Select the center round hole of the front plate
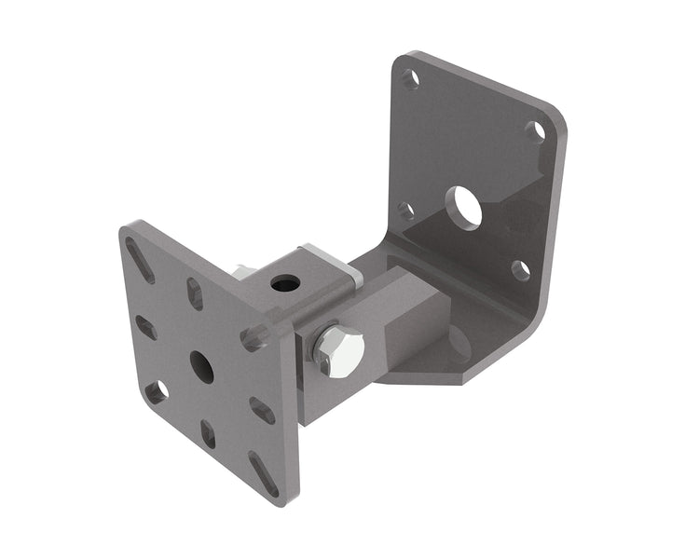coord(201,367)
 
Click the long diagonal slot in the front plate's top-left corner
coord(141,261)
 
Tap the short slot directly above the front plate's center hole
coord(195,294)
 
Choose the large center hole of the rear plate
coord(463,208)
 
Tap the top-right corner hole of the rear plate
coord(535,131)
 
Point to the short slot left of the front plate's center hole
coord(146,327)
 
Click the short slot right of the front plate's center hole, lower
coord(262,410)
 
